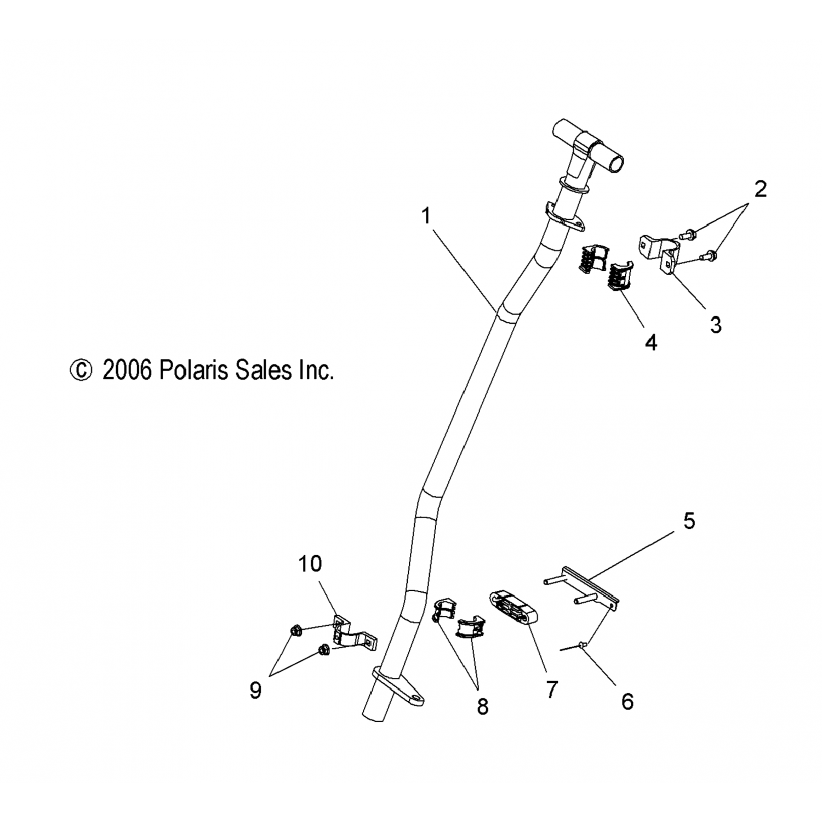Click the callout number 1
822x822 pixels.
pyautogui.click(x=426, y=216)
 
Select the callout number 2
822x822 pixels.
pyautogui.click(x=760, y=190)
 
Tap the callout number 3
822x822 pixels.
pyautogui.click(x=716, y=325)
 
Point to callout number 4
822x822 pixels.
pyautogui.click(x=650, y=343)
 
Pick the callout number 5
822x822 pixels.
pyautogui.click(x=689, y=521)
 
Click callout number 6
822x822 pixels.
pyautogui.click(x=627, y=701)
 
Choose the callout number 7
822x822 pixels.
pyautogui.click(x=551, y=689)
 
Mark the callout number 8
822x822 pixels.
pyautogui.click(x=482, y=706)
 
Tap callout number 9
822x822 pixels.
pyautogui.click(x=255, y=690)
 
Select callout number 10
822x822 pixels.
pyautogui.click(x=310, y=563)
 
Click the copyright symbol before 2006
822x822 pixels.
pyautogui.click(x=81, y=370)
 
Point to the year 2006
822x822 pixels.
pyautogui.click(x=127, y=370)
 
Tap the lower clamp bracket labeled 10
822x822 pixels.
pyautogui.click(x=353, y=636)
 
